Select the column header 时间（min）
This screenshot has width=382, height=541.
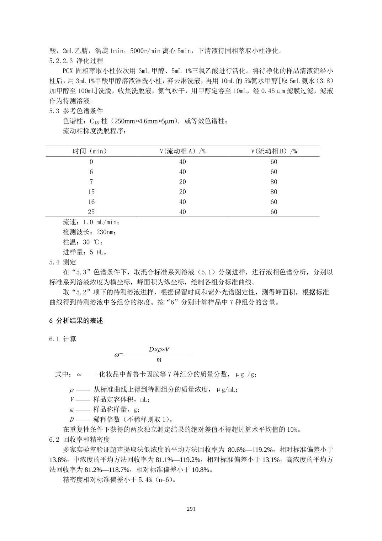pyautogui.click(x=90, y=151)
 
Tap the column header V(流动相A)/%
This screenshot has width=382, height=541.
pyautogui.click(x=182, y=151)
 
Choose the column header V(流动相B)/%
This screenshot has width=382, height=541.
pyautogui.click(x=274, y=151)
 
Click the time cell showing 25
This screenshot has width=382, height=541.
pyautogui.click(x=91, y=212)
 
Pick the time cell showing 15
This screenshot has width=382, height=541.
pyautogui.click(x=91, y=192)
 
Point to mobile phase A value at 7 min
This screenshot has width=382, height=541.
pyautogui.click(x=182, y=182)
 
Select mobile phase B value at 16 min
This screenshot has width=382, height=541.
pyautogui.click(x=274, y=202)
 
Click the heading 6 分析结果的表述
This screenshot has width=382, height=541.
pyautogui.click(x=76, y=321)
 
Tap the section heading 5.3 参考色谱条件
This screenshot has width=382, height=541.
pyautogui.click(x=76, y=111)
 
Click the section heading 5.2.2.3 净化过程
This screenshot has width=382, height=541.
pyautogui.click(x=76, y=61)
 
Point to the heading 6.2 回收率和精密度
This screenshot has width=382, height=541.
pyautogui.click(x=79, y=440)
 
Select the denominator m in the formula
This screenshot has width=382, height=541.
pyautogui.click(x=159, y=360)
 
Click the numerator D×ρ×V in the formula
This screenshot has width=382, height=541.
pyautogui.click(x=159, y=349)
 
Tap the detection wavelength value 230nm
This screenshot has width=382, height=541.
pyautogui.click(x=106, y=232)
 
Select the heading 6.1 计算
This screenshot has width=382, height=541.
pyautogui.click(x=63, y=339)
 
